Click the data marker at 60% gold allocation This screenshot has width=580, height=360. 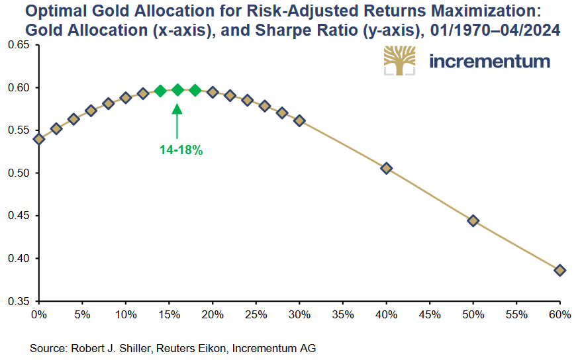coord(559,270)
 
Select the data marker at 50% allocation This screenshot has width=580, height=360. coord(473,220)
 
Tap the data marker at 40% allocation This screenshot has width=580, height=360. coord(386,168)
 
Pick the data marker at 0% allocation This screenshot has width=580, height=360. coord(39,139)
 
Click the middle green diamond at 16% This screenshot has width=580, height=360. coord(177,90)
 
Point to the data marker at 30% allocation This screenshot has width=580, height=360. coord(299,120)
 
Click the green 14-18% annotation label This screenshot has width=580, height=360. coord(181,150)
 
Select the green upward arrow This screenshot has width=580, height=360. coord(177,119)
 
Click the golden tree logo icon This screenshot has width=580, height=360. coord(400,61)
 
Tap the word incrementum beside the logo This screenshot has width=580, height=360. coord(489,62)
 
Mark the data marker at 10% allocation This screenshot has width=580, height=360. coord(126,97)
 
